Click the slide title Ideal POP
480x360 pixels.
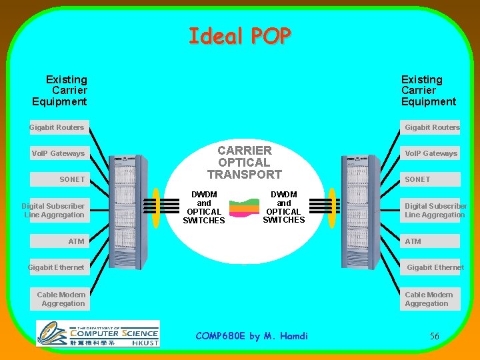coord(240,35)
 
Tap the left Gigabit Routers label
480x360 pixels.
coord(57,127)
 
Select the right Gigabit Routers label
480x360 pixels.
coord(432,127)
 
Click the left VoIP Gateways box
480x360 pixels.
coord(58,153)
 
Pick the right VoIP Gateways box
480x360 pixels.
coord(431,153)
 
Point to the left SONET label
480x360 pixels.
coord(72,179)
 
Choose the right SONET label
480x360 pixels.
coord(418,179)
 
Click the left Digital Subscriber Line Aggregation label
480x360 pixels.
coord(53,211)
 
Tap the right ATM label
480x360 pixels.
coord(413,241)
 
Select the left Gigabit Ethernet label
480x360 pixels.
coord(56,267)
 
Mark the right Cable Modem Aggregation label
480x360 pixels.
coord(429,299)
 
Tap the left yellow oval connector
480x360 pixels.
coord(156,207)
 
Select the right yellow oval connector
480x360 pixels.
coord(329,207)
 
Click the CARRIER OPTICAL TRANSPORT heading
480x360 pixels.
coord(244,163)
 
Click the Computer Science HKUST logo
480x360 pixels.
coord(98,333)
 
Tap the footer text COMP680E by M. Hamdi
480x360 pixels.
coord(252,336)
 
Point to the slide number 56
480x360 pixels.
coord(434,336)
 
